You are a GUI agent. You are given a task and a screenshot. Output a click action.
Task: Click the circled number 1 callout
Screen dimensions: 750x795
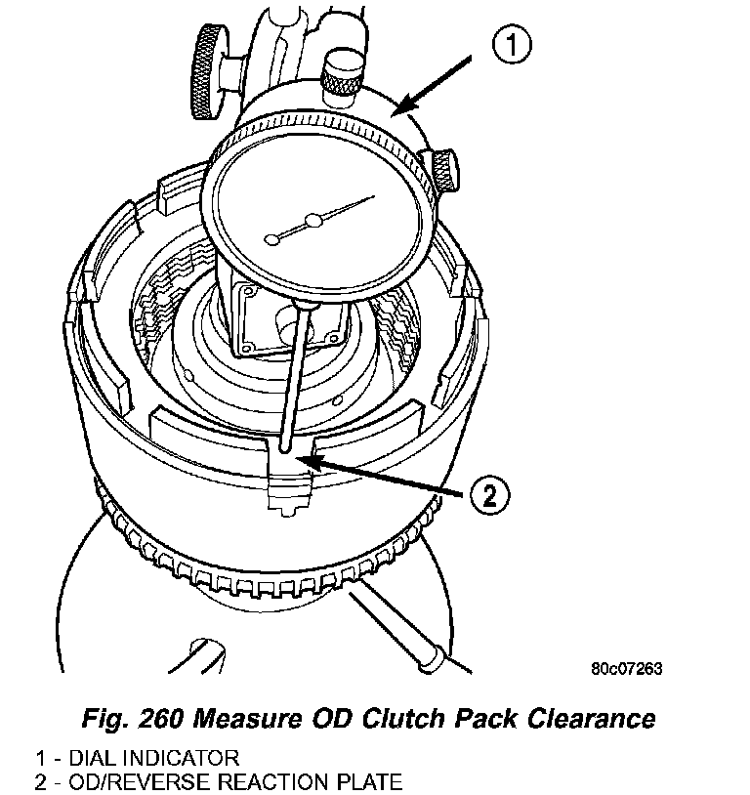pyautogui.click(x=511, y=46)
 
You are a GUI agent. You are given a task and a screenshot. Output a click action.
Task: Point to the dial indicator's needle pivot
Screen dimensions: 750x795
pyautogui.click(x=312, y=223)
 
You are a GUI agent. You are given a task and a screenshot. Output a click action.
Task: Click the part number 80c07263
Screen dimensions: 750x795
pyautogui.click(x=626, y=669)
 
